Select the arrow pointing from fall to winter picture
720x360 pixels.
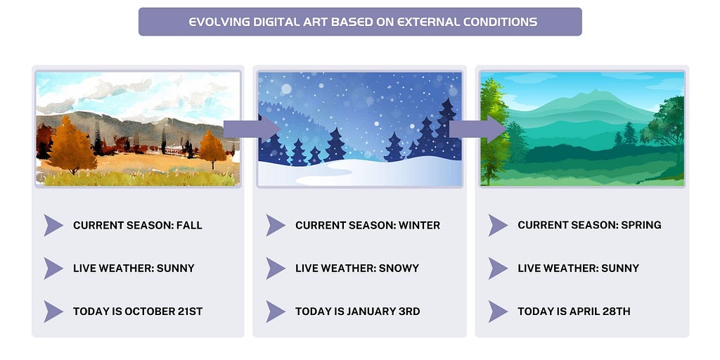(252, 129)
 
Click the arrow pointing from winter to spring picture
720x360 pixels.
(477, 129)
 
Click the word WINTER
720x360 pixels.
(419, 226)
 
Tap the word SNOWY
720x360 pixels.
(399, 268)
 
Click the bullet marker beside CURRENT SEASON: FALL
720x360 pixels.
(53, 226)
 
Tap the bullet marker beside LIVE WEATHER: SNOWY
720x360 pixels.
(276, 268)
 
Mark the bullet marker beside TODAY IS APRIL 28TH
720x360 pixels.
(498, 311)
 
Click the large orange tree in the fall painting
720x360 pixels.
(71, 145)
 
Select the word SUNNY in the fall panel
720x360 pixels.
(175, 268)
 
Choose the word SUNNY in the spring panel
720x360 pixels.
(620, 268)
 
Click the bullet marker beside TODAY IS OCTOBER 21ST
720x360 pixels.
(53, 311)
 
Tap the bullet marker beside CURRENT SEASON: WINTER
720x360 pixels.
(276, 226)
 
